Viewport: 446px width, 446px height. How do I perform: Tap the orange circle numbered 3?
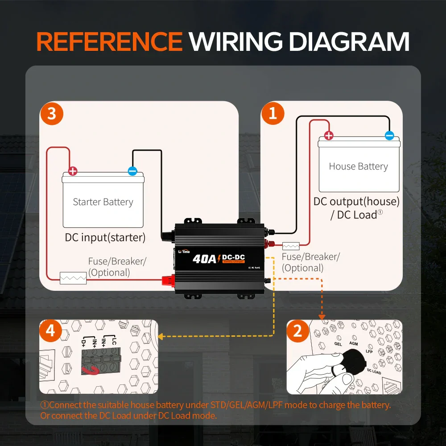[52, 113]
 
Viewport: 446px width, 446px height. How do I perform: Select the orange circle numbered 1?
[273, 113]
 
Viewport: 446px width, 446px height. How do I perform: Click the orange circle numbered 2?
[297, 331]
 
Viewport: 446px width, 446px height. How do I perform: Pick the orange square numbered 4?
[50, 331]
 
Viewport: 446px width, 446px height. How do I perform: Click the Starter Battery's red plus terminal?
[73, 171]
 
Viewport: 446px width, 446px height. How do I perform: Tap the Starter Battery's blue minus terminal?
[132, 171]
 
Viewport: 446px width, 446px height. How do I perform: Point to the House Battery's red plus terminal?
[329, 136]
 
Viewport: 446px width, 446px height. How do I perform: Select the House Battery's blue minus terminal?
[389, 136]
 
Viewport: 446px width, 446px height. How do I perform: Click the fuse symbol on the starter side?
[73, 278]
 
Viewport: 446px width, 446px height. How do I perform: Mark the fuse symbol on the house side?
[291, 246]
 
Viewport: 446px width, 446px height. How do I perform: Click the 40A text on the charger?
[205, 259]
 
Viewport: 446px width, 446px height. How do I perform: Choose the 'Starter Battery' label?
[103, 202]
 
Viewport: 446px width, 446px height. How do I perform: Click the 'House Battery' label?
[358, 166]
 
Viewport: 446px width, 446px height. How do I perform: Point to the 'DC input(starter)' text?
[105, 237]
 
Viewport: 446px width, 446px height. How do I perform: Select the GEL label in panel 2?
[339, 344]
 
